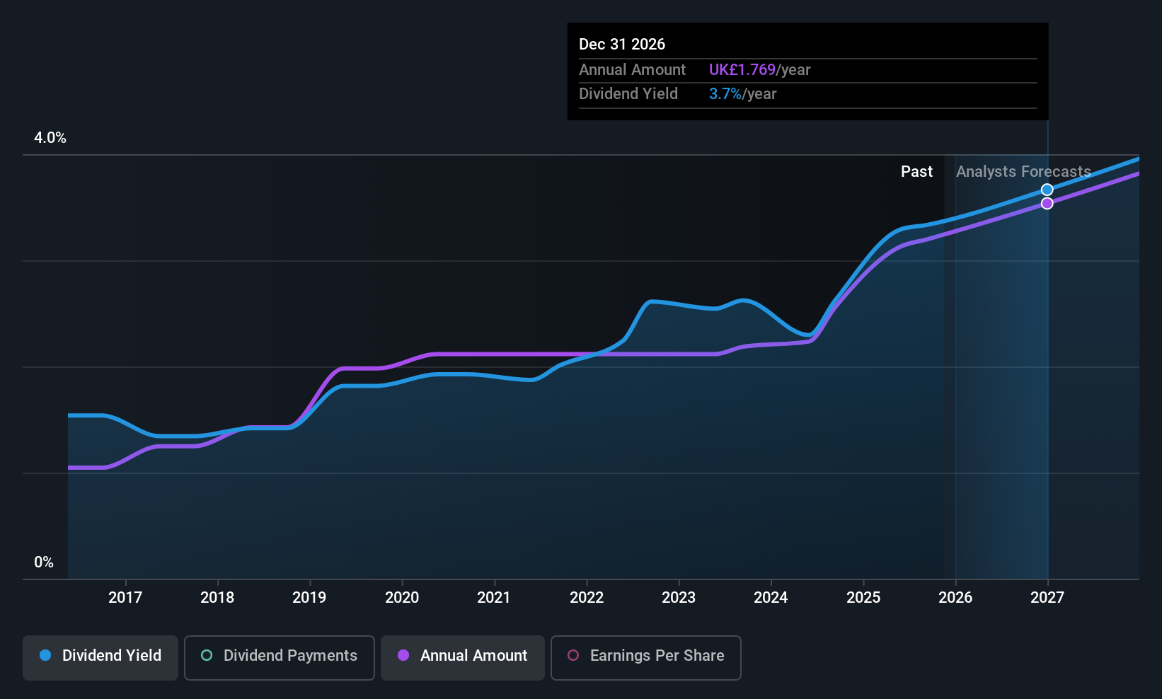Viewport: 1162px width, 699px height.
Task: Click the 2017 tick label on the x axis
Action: click(125, 597)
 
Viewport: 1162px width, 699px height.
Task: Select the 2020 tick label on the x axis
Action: click(402, 597)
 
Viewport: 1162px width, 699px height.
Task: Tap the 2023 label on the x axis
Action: click(679, 597)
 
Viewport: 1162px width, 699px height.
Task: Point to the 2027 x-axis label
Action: click(1047, 597)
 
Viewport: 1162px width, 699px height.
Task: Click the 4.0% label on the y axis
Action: click(50, 138)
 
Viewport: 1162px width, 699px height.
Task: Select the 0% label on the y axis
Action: click(44, 562)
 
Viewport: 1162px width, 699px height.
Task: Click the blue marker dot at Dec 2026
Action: click(1047, 190)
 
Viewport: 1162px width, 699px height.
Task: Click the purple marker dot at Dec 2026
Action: click(1047, 204)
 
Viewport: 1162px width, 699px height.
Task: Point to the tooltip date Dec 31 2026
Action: click(622, 44)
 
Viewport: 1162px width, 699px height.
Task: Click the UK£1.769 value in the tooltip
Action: click(742, 70)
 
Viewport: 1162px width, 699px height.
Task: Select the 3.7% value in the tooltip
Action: click(725, 94)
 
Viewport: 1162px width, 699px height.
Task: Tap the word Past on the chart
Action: click(916, 172)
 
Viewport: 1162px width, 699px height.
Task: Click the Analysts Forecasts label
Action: click(1023, 172)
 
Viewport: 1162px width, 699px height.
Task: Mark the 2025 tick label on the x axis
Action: click(863, 597)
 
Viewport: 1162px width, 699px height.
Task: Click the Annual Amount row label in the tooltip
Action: click(632, 70)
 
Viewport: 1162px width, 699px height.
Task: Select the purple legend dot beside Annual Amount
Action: click(403, 655)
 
